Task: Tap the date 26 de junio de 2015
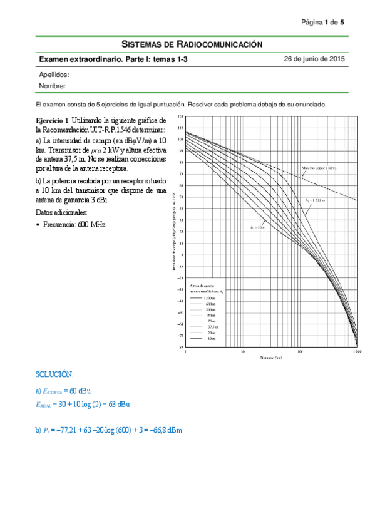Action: (314, 59)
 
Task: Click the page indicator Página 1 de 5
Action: (322, 23)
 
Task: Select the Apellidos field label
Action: (54, 75)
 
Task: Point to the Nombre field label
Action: (53, 86)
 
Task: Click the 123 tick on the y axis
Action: (180, 117)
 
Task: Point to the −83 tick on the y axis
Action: (180, 347)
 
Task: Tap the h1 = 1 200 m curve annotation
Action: (316, 200)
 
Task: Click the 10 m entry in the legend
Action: (210, 338)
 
